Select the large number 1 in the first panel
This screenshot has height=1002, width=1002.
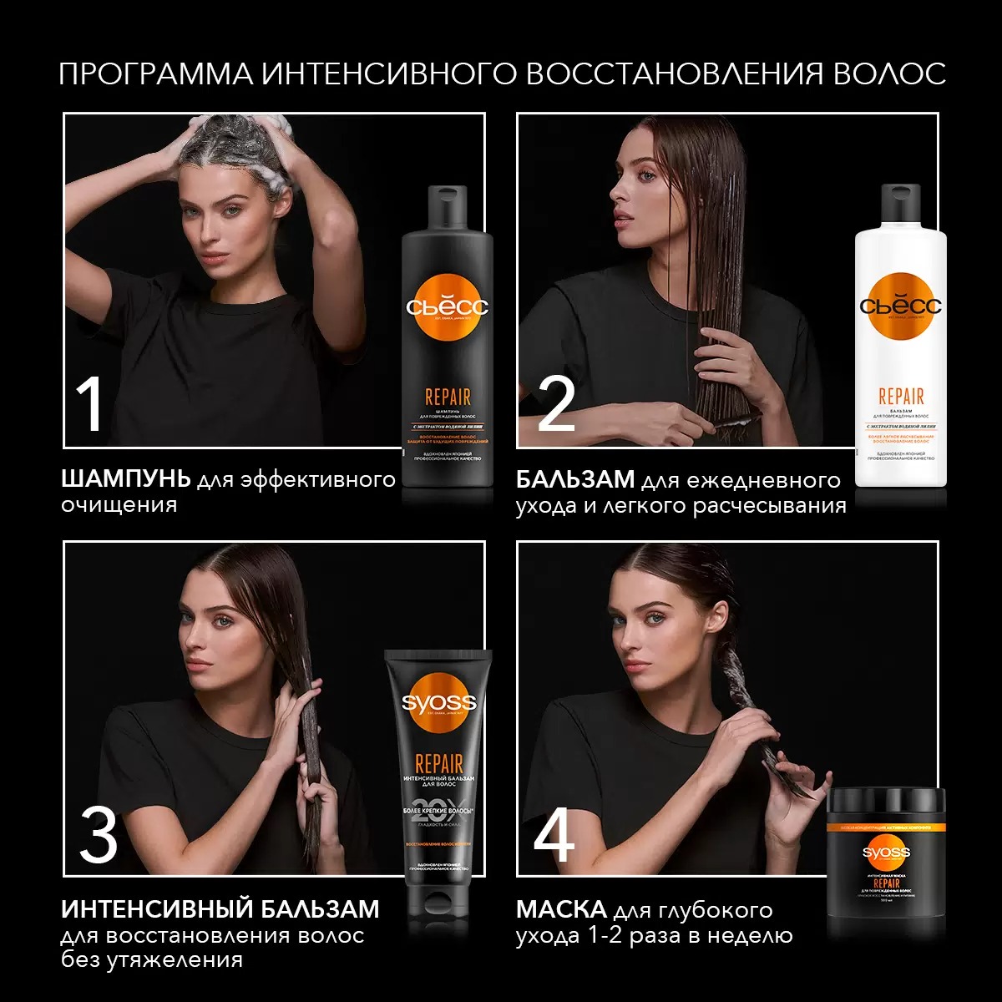89,405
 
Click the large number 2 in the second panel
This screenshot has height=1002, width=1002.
556,405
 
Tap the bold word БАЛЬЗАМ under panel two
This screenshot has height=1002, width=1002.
575,480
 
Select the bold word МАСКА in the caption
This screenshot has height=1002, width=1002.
561,909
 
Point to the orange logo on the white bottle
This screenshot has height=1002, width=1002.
900,306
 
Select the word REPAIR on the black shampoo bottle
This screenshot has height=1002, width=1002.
448,397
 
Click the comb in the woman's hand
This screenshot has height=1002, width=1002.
735,417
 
